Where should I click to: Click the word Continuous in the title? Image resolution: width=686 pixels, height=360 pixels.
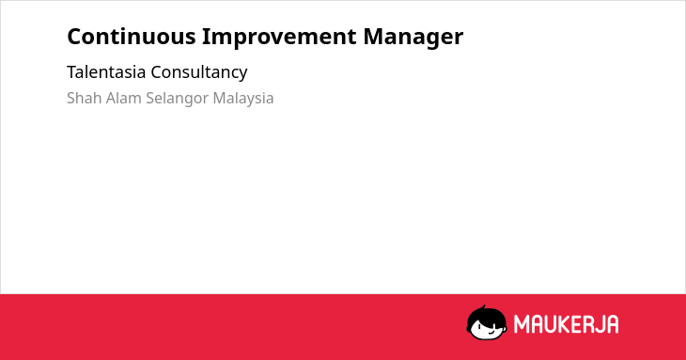tap(132, 37)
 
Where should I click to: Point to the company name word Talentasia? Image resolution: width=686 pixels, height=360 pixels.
tap(106, 72)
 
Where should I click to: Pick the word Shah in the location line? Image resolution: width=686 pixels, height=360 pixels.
tap(85, 98)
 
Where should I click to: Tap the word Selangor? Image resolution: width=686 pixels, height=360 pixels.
tap(178, 99)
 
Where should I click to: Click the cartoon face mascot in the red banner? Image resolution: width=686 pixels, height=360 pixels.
tap(487, 323)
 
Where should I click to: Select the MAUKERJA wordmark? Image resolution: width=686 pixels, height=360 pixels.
tap(566, 324)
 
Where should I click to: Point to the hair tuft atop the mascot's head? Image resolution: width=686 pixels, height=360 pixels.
tap(483, 307)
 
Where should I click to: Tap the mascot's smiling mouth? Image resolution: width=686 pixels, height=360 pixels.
tap(491, 332)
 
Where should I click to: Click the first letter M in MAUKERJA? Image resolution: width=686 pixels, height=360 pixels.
tap(521, 324)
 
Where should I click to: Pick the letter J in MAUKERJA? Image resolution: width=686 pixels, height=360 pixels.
tap(598, 324)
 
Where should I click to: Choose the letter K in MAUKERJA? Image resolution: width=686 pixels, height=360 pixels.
tap(558, 324)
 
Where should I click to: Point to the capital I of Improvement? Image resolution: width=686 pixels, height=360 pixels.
tap(205, 37)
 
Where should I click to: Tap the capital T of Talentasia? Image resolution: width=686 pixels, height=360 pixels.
tap(71, 72)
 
